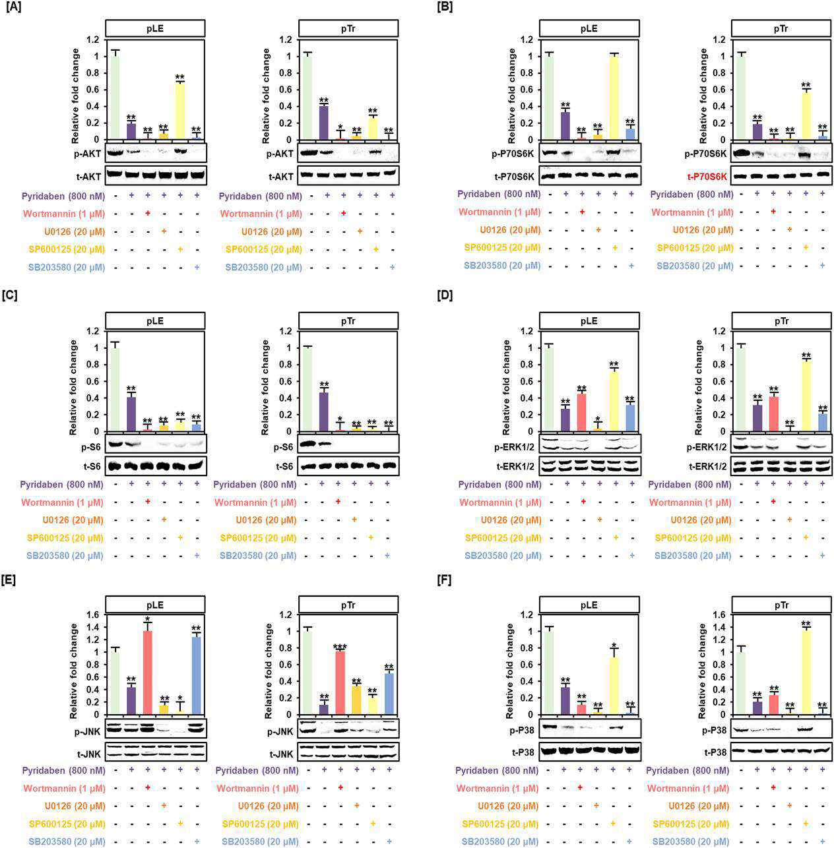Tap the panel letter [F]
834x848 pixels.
point(445,581)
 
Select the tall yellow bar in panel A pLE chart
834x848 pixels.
point(180,111)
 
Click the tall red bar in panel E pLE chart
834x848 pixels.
point(148,673)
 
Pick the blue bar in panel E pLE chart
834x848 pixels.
point(197,676)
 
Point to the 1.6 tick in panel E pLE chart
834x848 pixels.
point(94,615)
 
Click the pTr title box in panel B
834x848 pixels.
point(782,28)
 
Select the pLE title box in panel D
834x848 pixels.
point(589,321)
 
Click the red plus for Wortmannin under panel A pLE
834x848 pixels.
point(148,214)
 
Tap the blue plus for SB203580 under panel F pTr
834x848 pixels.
point(822,842)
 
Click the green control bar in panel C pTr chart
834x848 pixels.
point(307,390)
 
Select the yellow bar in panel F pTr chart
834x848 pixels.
point(806,673)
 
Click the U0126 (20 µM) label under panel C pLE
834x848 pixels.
point(73,520)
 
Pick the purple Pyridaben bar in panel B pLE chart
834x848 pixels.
point(565,126)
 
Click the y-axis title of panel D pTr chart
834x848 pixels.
point(699,387)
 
